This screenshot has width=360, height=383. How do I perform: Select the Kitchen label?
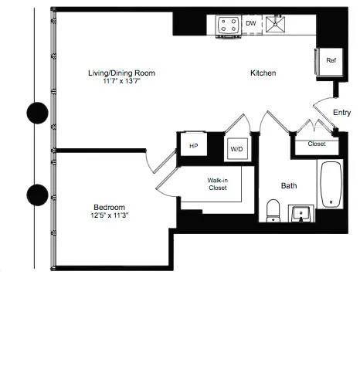[x=263, y=73]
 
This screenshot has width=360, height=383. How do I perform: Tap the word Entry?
[x=341, y=113]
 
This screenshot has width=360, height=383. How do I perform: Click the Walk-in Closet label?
[x=217, y=184]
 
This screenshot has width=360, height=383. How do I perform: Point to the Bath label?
[x=289, y=185]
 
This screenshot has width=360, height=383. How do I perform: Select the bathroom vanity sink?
[x=301, y=212]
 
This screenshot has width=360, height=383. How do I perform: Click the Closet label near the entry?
[x=316, y=144]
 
